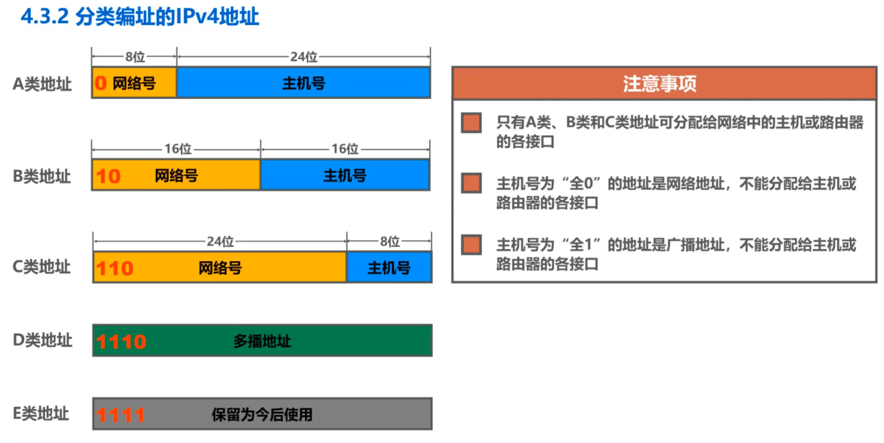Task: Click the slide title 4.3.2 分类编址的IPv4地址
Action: click(140, 17)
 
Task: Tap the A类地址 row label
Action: click(42, 84)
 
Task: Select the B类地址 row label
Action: click(42, 176)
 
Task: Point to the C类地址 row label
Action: click(42, 267)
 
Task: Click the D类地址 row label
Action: click(42, 340)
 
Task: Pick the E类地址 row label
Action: click(41, 413)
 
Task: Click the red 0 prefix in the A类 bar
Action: click(101, 83)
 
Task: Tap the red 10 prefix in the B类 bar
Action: click(108, 176)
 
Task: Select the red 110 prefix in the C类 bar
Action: click(114, 268)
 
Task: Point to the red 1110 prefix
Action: click(121, 342)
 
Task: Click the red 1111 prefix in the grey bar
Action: click(121, 415)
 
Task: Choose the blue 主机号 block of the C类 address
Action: click(389, 267)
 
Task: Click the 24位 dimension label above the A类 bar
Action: click(304, 57)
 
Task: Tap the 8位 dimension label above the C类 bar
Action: click(390, 241)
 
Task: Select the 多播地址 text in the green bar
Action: click(262, 341)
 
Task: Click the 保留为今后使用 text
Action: click(262, 414)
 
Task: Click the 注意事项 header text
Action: click(660, 84)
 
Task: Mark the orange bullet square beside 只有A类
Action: click(471, 122)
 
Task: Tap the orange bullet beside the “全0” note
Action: click(471, 183)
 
